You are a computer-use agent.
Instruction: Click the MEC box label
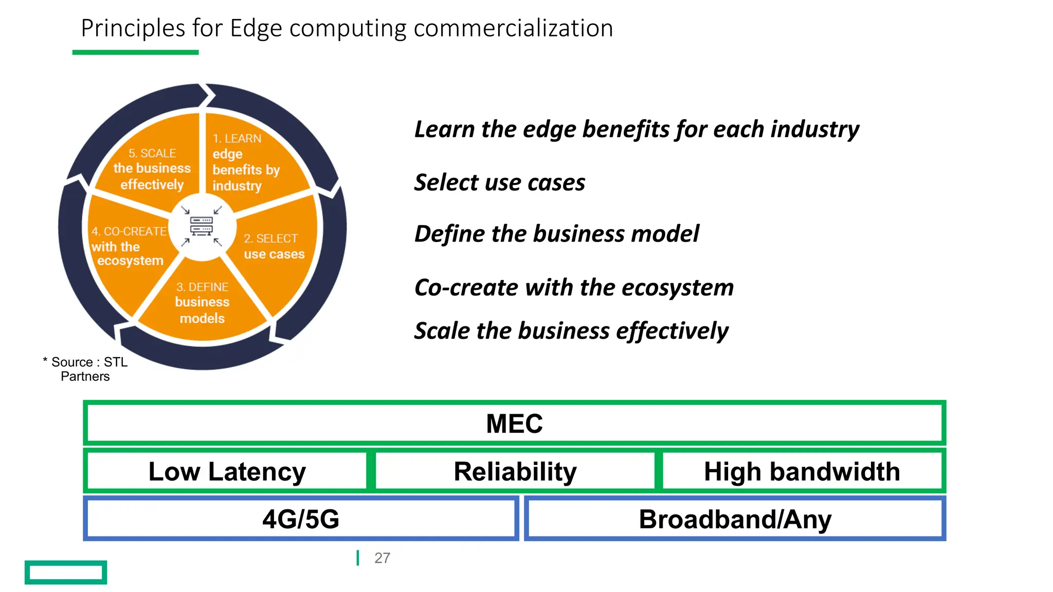click(514, 423)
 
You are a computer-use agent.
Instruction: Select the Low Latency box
click(227, 471)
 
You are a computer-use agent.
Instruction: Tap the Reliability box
click(515, 471)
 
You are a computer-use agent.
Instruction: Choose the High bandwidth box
click(802, 471)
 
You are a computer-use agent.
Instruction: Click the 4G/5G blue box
click(301, 519)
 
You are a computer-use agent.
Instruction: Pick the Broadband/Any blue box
click(735, 519)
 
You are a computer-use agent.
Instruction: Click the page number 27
click(382, 558)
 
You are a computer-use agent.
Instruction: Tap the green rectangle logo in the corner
click(66, 572)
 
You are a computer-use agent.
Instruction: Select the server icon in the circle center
click(202, 226)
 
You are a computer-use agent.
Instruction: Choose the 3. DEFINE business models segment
click(202, 303)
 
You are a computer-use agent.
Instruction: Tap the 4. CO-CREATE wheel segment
click(129, 247)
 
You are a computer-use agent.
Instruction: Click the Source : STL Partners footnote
click(86, 369)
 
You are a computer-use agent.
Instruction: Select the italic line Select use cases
click(500, 182)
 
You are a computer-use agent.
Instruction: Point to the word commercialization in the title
click(513, 28)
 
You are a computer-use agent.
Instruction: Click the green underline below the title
click(135, 52)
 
